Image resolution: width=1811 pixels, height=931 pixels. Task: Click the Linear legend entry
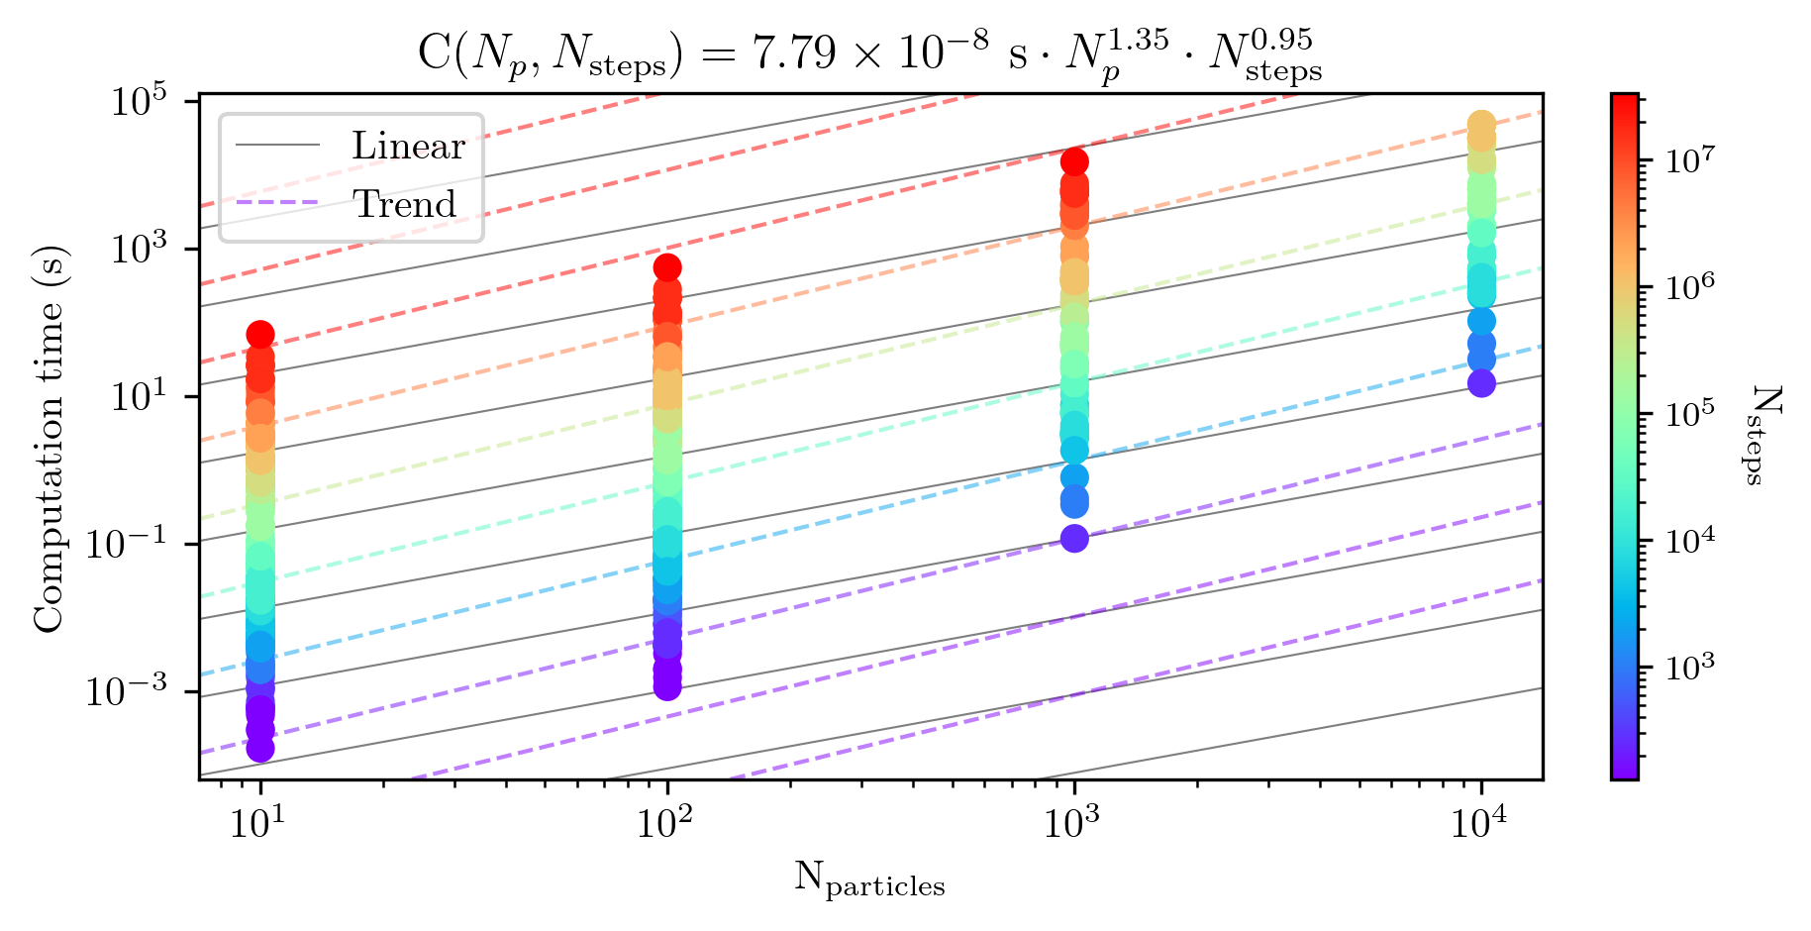[x=407, y=147]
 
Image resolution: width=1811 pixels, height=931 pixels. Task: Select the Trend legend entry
[x=404, y=204]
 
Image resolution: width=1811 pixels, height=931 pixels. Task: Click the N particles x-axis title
[x=869, y=879]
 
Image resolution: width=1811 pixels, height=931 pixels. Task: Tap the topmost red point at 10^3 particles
[x=1074, y=161]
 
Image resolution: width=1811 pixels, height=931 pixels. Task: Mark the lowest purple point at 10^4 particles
[x=1481, y=383]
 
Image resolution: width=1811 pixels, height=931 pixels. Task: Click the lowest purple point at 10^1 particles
[x=260, y=749]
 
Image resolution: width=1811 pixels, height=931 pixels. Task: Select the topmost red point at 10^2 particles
[x=667, y=267]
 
